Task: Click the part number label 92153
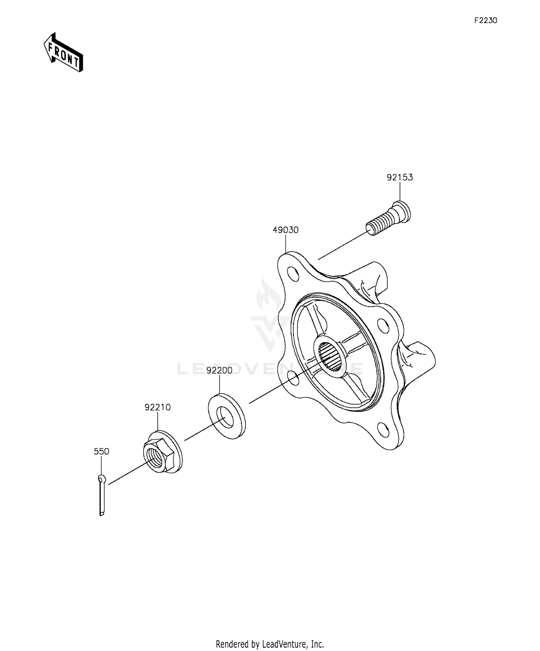click(400, 177)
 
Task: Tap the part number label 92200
click(219, 370)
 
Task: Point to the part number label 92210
click(157, 407)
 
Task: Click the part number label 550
click(101, 451)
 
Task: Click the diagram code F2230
click(485, 21)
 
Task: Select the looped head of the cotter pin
click(102, 479)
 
